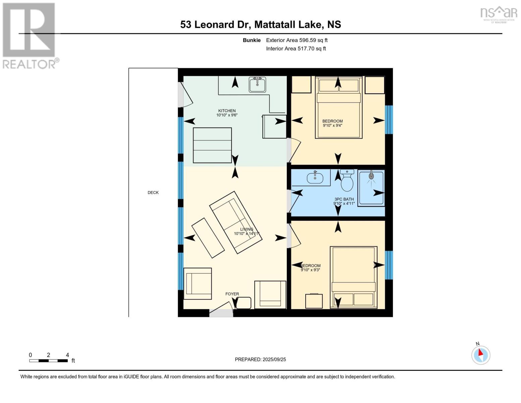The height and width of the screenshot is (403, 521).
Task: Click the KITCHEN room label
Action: point(227,110)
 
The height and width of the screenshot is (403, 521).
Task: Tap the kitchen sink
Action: point(257,84)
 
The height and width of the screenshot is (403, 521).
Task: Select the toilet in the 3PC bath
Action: point(347,180)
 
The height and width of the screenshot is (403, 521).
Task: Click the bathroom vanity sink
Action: point(315,177)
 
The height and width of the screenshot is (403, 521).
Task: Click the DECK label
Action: point(153,192)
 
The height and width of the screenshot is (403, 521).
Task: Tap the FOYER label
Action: point(232,294)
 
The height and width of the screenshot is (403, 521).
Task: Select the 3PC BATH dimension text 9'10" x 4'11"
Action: point(344,204)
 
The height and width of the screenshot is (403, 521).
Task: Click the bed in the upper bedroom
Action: point(338,107)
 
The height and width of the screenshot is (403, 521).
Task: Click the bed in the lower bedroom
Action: point(353,277)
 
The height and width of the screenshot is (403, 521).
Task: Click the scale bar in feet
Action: point(49,361)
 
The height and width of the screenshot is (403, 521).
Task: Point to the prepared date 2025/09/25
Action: point(260,359)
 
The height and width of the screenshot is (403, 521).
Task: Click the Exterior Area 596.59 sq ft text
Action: point(297,40)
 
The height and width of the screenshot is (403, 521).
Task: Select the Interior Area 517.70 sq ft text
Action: point(296,49)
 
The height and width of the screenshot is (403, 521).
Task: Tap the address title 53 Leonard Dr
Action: point(260,25)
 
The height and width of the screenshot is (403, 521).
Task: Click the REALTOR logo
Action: point(30,36)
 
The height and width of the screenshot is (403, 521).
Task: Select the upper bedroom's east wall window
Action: point(389,120)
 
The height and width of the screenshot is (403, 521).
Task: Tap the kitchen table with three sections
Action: point(212,145)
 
